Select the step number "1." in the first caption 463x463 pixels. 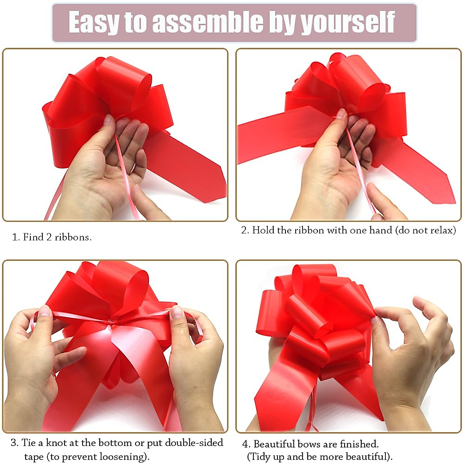click(x=16, y=237)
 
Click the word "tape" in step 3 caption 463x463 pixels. click(x=34, y=457)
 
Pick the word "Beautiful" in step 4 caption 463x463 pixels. click(x=277, y=444)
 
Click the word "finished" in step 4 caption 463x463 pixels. click(x=358, y=444)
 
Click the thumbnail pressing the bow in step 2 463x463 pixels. click(x=341, y=113)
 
